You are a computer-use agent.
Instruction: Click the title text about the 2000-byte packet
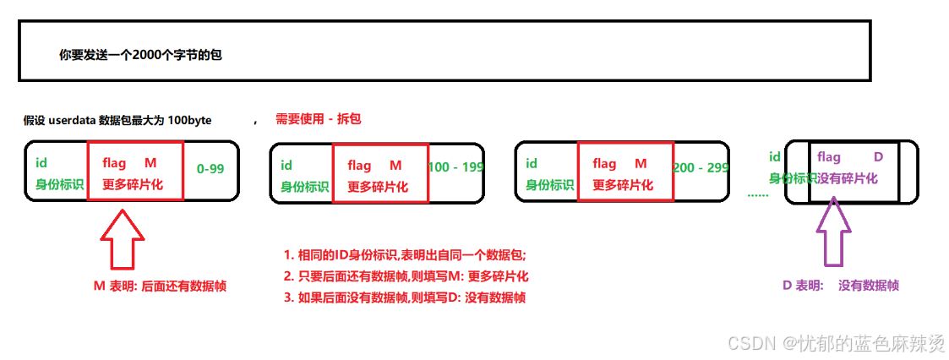click(140, 55)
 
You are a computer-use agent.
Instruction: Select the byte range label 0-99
click(210, 168)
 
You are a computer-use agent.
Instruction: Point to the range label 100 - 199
click(455, 167)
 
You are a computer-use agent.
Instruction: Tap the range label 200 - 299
click(701, 167)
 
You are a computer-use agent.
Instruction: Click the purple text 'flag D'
click(849, 157)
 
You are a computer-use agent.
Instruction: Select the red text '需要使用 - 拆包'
click(318, 119)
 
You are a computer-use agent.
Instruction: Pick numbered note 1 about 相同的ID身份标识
click(411, 254)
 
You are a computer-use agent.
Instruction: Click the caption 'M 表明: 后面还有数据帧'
click(160, 286)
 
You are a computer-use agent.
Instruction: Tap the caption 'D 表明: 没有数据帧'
click(840, 286)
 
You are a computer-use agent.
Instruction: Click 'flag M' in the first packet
click(129, 162)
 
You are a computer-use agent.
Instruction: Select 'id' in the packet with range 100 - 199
click(286, 166)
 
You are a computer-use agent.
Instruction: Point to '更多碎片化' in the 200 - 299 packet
click(623, 186)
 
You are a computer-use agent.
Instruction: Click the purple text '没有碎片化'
click(848, 178)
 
